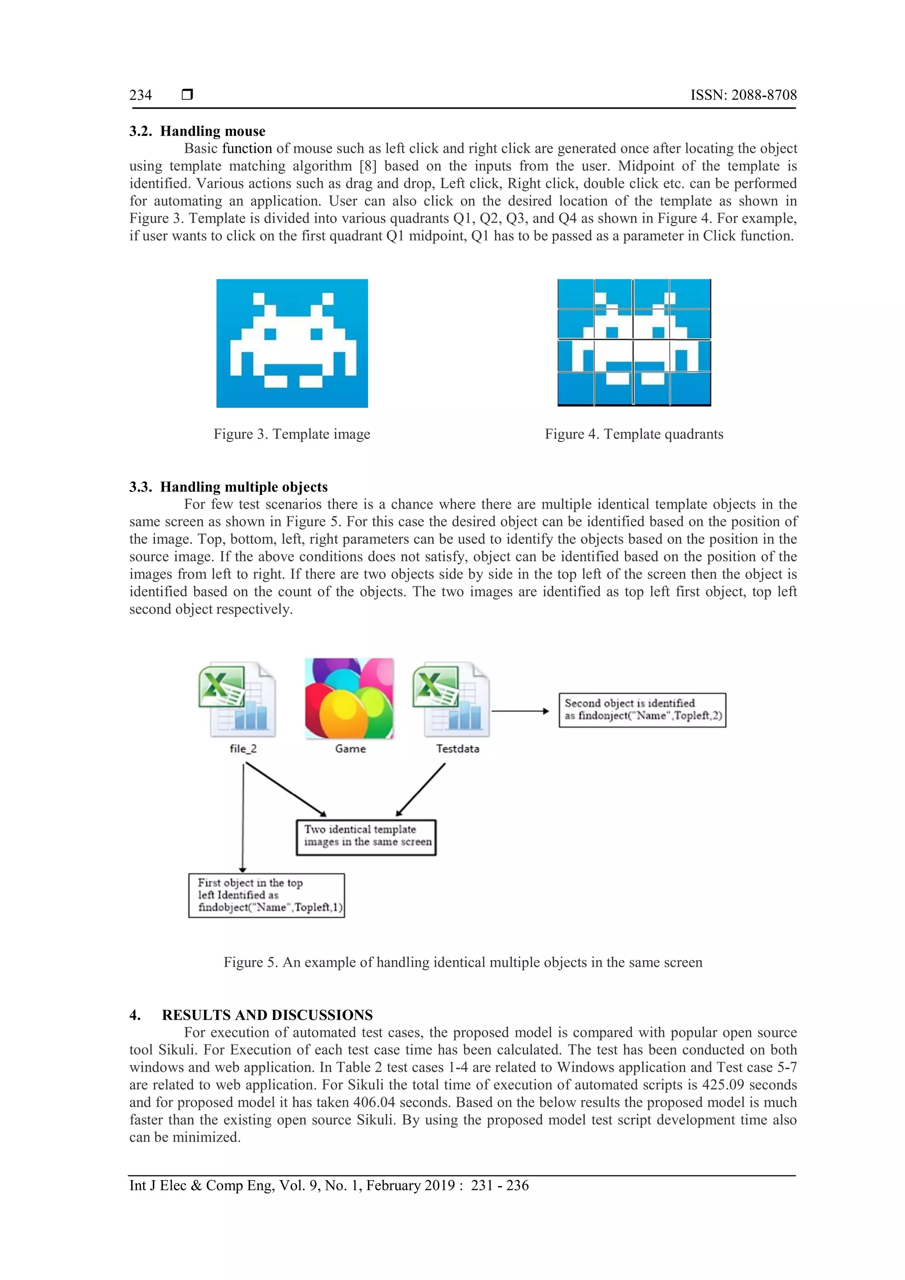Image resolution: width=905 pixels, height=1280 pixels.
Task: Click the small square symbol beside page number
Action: tap(187, 94)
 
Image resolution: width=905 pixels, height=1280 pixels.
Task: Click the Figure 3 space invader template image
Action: tap(292, 343)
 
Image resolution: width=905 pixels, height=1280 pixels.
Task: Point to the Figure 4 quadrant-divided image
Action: tap(634, 342)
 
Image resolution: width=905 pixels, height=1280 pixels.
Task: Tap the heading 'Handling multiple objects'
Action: tap(243, 487)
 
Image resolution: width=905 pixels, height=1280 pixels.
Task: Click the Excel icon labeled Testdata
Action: tap(451, 700)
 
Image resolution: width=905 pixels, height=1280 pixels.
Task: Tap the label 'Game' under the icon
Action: tap(350, 749)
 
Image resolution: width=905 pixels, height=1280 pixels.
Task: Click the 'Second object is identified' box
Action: tap(642, 710)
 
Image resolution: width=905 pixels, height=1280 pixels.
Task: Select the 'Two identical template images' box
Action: tap(366, 836)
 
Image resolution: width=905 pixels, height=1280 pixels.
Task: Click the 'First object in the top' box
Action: tap(266, 895)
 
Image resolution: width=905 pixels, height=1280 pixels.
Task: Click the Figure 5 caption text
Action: tap(463, 962)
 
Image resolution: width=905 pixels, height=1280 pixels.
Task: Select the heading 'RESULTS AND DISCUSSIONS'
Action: tap(267, 1015)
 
